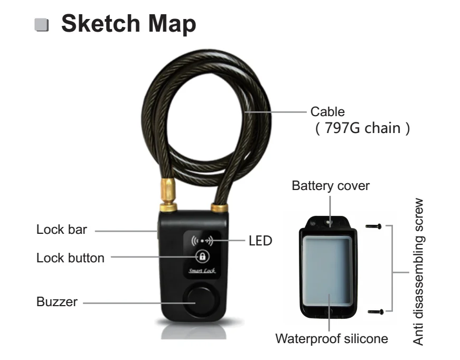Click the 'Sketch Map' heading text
click(x=128, y=24)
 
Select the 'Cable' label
click(x=327, y=111)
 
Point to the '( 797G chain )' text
click(x=362, y=128)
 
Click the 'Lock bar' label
click(x=61, y=230)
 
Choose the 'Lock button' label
click(x=70, y=258)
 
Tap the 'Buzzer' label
click(x=57, y=302)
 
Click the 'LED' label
click(x=260, y=241)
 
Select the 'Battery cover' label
click(x=331, y=186)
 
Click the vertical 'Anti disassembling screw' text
click(x=419, y=272)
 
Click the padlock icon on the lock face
click(x=203, y=257)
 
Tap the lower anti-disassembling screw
click(x=373, y=311)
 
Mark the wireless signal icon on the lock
click(x=201, y=241)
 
